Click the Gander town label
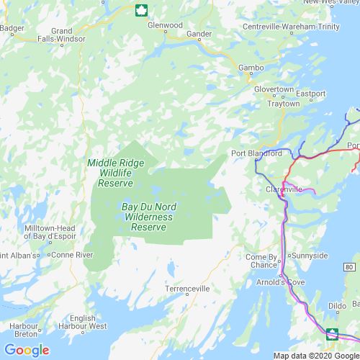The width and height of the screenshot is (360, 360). [x=198, y=33]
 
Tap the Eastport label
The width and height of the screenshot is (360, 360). [x=310, y=93]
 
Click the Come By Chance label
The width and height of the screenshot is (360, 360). [x=261, y=261]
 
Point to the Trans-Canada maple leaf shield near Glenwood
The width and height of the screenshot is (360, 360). [x=140, y=9]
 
